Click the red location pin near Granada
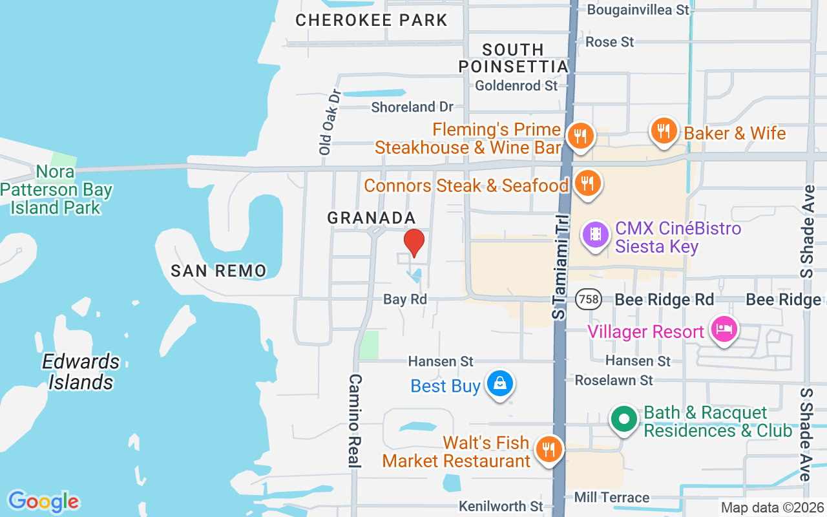click(414, 243)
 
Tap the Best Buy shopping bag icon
click(500, 384)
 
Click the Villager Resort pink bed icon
click(724, 329)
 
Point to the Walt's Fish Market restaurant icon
click(549, 448)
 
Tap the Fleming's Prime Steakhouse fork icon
click(580, 136)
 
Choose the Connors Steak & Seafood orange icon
click(587, 183)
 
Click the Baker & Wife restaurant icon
click(663, 131)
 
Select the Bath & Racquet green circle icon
click(624, 419)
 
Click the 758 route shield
click(590, 299)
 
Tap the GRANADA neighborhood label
click(372, 218)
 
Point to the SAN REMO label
click(218, 271)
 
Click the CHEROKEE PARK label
click(372, 20)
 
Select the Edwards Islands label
click(81, 372)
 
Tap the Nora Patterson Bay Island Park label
click(56, 189)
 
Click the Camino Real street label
click(355, 420)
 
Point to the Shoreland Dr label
click(412, 107)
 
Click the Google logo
click(43, 501)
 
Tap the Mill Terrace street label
click(611, 497)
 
